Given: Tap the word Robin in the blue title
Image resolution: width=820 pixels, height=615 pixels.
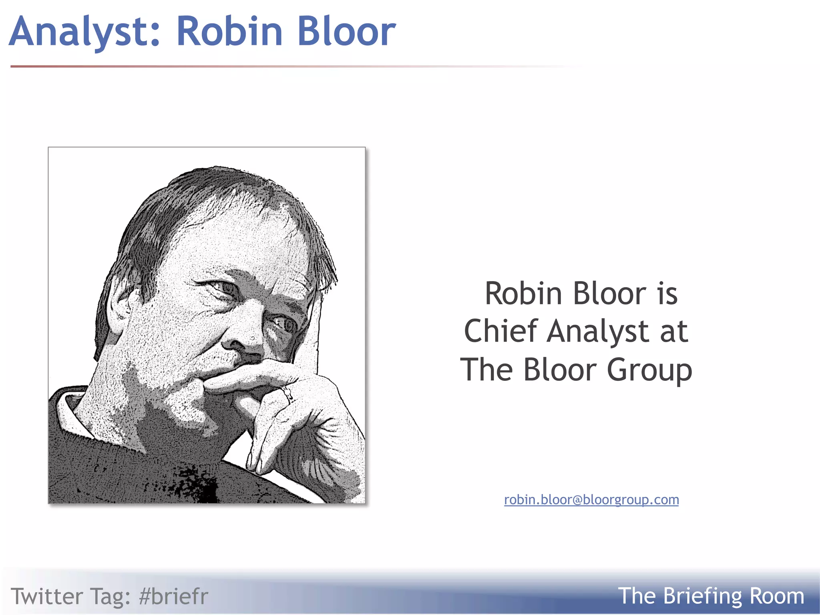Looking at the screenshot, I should pyautogui.click(x=229, y=31).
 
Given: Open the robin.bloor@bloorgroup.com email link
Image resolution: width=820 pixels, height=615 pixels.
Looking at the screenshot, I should pyautogui.click(x=591, y=500).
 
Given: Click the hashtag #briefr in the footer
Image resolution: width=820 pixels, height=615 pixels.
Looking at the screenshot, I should pyautogui.click(x=173, y=596).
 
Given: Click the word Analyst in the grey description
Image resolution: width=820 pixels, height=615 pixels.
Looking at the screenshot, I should pyautogui.click(x=597, y=332).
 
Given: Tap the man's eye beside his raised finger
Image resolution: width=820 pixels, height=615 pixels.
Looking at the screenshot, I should pyautogui.click(x=285, y=324).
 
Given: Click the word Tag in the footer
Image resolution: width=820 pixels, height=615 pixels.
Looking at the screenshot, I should pyautogui.click(x=111, y=597).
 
